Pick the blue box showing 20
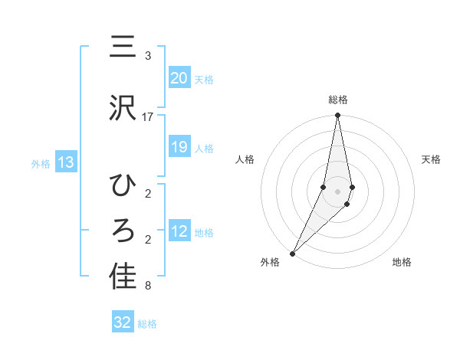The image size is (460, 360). coord(179,78)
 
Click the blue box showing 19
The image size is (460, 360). coord(179,147)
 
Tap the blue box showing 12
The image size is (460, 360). coord(179,231)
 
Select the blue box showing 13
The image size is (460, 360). coord(66,162)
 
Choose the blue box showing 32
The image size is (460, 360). coord(123,322)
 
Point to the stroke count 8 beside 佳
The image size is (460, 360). coord(147,286)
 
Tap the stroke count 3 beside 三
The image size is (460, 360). coord(147,56)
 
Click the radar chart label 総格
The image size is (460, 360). coord(338,100)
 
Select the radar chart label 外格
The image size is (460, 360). coord(270,262)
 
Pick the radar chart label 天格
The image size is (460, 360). coord(432,159)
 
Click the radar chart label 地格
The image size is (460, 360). coord(402,262)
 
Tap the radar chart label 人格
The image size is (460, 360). coord(245,159)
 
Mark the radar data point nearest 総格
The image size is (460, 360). coord(337,116)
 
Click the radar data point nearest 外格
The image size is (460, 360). coord(292,253)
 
